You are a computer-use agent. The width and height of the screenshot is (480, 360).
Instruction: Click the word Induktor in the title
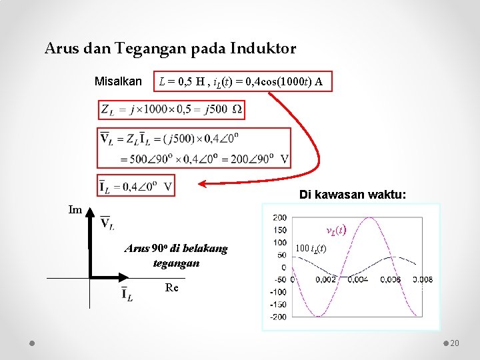point(263,49)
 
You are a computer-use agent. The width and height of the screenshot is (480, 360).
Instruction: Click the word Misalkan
point(118,82)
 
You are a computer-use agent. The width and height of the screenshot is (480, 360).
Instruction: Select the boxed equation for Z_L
point(171,109)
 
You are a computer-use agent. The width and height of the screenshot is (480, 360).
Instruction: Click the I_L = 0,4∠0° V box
point(136,186)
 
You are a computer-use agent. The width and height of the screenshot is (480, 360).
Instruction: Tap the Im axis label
point(75,210)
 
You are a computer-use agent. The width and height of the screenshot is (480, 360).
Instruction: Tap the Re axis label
point(171,287)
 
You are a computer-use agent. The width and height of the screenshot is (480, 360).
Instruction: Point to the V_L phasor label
point(107,223)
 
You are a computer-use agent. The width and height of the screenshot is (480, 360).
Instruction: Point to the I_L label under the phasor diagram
point(126,294)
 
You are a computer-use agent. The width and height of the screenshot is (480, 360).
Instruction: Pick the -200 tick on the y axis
point(277,317)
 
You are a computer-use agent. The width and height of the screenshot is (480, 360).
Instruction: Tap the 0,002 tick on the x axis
point(325,279)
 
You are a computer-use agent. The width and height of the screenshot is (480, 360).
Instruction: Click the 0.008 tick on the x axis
point(424,279)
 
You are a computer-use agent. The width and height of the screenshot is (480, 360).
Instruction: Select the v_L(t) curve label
point(335,230)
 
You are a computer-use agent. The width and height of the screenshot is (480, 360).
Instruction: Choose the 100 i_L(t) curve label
point(311,249)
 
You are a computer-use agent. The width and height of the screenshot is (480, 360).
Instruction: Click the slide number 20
point(455,343)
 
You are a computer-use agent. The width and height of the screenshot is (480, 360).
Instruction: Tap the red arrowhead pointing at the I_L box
point(202,183)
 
